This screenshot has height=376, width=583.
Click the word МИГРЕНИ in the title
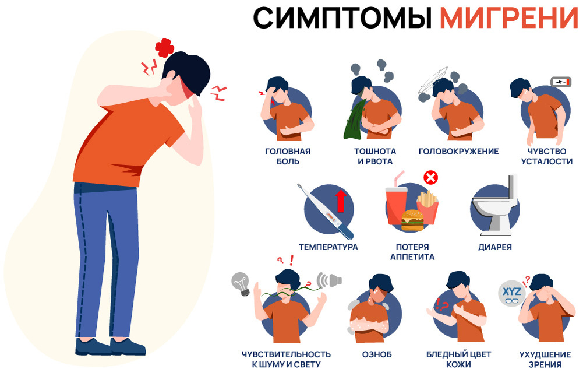click(509, 17)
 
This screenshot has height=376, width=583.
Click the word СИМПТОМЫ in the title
click(342, 17)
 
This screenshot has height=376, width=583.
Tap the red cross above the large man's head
click(164, 48)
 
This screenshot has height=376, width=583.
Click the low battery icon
click(560, 82)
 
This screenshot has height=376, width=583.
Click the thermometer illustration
click(325, 211)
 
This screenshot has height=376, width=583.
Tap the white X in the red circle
click(430, 178)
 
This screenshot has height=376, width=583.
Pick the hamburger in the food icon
click(412, 220)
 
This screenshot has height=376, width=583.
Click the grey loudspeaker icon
click(329, 280)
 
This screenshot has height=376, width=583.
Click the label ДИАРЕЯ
click(494, 247)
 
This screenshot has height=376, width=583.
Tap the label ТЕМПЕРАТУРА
click(328, 247)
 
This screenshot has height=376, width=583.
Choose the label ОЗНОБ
click(377, 354)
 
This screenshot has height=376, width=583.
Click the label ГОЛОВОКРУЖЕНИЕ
click(458, 152)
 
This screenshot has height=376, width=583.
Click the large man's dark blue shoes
click(110, 346)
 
